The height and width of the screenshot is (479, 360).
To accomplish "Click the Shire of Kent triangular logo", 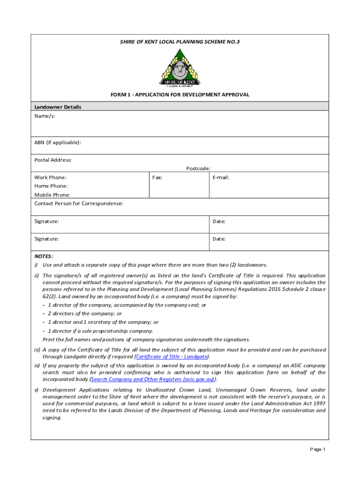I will (x=180, y=68).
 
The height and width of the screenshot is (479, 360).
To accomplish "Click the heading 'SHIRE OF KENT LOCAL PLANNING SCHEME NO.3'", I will (x=180, y=42).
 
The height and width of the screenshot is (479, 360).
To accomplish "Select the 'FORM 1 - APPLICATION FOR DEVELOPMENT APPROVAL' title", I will (x=180, y=95).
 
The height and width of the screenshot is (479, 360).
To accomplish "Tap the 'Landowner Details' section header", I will (x=58, y=107).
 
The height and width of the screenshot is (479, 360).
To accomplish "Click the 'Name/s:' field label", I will (x=44, y=116).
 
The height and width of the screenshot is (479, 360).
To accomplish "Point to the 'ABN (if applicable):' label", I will (x=58, y=142).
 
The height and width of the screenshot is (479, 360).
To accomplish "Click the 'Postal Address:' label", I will (x=53, y=160).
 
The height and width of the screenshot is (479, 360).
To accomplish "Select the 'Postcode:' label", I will (x=198, y=168).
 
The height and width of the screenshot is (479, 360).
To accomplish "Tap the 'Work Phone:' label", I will (x=50, y=177).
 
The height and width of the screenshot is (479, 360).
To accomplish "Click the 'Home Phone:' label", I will (x=50, y=186).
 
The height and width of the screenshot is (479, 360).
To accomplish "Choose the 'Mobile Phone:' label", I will (x=52, y=195).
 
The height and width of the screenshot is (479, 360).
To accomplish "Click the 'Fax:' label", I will (x=157, y=177).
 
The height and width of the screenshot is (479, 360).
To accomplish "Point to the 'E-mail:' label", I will (x=221, y=177).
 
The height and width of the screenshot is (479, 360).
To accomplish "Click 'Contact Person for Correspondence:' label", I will (x=79, y=203).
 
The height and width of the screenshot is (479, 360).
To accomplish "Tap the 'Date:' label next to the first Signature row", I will (x=219, y=221).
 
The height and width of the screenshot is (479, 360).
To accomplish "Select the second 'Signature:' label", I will (x=47, y=239).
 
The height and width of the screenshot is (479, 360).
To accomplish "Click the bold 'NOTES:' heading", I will (x=43, y=256).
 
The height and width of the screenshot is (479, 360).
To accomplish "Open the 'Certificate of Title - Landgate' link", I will (x=171, y=356).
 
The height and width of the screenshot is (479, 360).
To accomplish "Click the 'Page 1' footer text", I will (x=317, y=450).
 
